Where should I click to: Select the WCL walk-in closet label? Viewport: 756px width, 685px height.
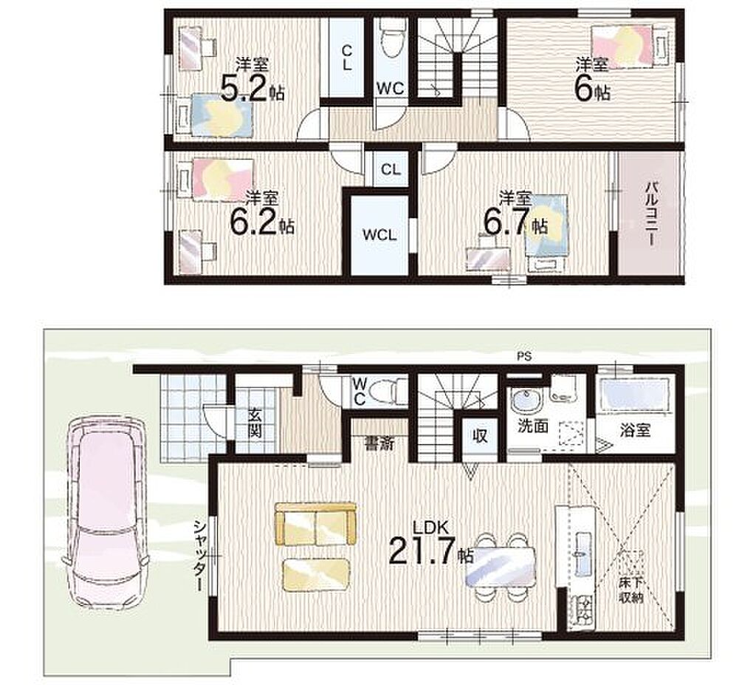point(380,235)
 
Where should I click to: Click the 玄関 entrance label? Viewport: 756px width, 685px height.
point(255,423)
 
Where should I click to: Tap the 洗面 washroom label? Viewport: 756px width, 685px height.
point(533,426)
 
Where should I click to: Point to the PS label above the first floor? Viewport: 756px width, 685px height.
point(524,357)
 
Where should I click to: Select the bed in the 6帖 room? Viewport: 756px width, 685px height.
point(622,47)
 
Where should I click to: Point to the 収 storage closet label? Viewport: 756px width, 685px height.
point(480,436)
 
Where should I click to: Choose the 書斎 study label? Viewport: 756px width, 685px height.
point(379,443)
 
